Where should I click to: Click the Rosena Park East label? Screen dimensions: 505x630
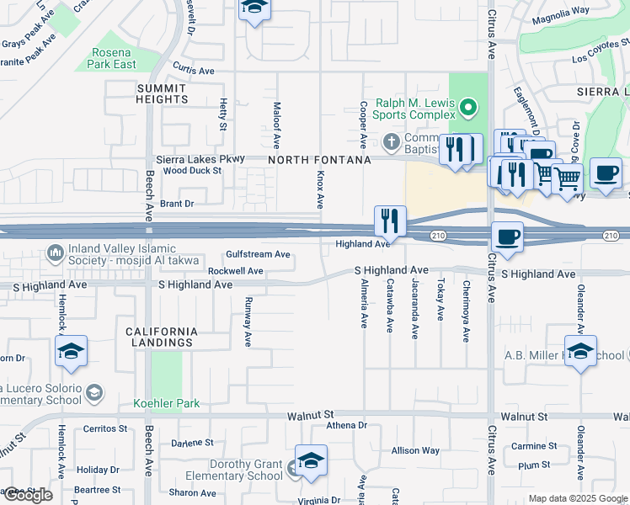coord(113,58)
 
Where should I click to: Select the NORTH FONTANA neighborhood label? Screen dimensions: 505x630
coord(319,160)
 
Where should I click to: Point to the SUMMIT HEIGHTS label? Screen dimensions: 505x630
coord(163,93)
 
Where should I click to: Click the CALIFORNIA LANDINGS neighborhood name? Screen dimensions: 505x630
coord(162,337)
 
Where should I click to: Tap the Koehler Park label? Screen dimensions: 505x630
coord(166,403)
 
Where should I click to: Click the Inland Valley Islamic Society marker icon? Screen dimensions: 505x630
coord(56,252)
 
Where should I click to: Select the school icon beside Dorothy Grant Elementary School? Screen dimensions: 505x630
coord(311,461)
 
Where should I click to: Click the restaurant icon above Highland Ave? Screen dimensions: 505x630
coord(389,221)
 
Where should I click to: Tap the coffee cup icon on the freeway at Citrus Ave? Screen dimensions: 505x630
coord(505,237)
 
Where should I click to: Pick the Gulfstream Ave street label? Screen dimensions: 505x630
coord(258,254)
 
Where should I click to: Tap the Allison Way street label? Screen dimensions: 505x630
coord(415,450)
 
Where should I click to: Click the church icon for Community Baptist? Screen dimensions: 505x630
coord(390,140)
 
